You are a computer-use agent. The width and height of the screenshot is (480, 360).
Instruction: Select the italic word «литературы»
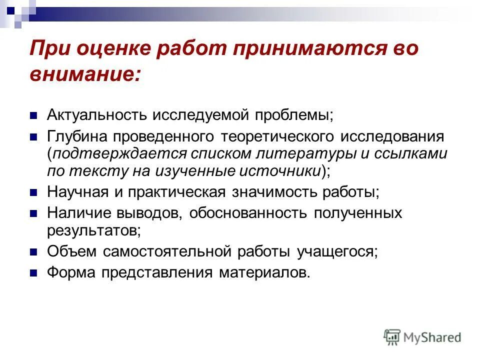pos(315,154)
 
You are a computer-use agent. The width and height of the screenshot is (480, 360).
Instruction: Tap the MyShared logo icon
pos(392,337)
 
